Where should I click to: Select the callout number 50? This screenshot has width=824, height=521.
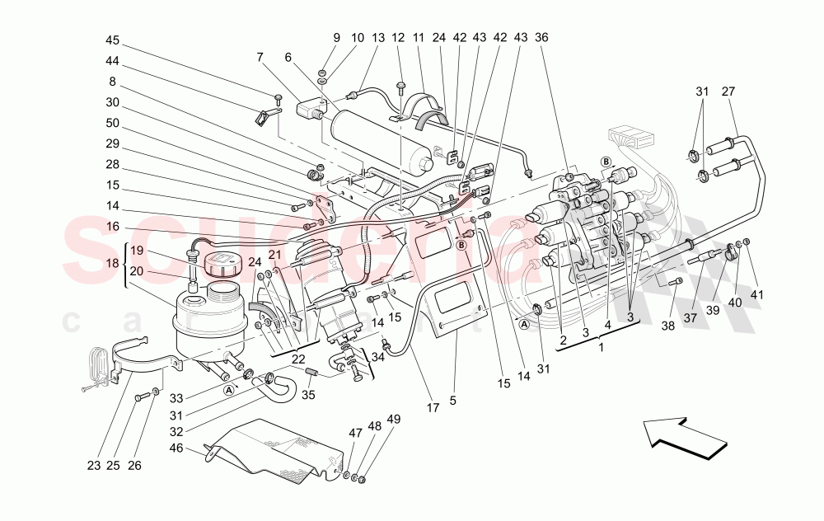tap(113, 123)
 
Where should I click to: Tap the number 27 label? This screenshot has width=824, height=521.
tap(728, 92)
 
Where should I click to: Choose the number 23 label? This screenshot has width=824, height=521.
tap(93, 466)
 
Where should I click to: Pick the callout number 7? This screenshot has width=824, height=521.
tap(260, 57)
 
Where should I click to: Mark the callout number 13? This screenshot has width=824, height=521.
tap(378, 38)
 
